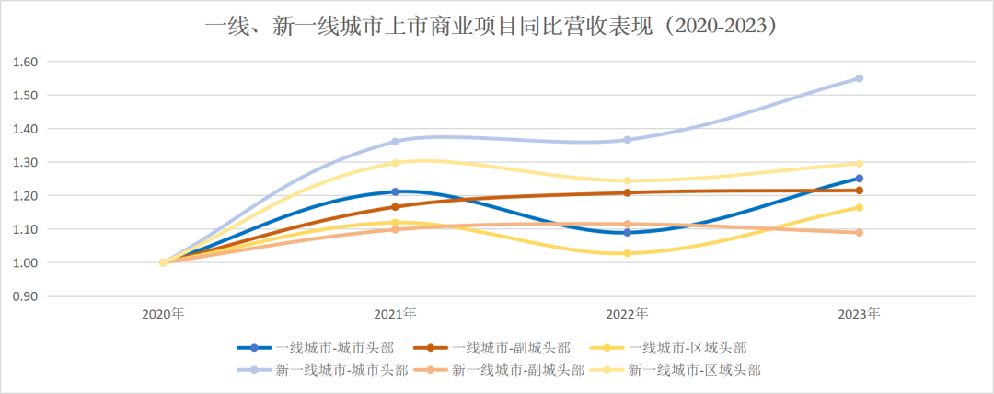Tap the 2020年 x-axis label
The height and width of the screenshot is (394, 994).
tap(163, 314)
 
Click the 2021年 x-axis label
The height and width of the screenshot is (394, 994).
tap(395, 314)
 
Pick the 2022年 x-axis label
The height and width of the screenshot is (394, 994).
tap(627, 314)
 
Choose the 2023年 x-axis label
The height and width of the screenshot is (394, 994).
tap(860, 314)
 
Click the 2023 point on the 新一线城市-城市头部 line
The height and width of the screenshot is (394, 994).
tap(860, 78)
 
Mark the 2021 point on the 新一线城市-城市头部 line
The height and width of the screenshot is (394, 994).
tap(395, 142)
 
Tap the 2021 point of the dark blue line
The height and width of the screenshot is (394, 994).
tap(395, 192)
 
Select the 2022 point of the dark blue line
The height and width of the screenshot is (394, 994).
tap(627, 233)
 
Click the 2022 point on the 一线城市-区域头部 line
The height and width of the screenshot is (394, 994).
tap(627, 253)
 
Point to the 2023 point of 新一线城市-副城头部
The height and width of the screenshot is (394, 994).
tap(860, 233)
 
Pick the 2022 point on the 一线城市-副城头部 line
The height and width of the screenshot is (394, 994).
tap(627, 192)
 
